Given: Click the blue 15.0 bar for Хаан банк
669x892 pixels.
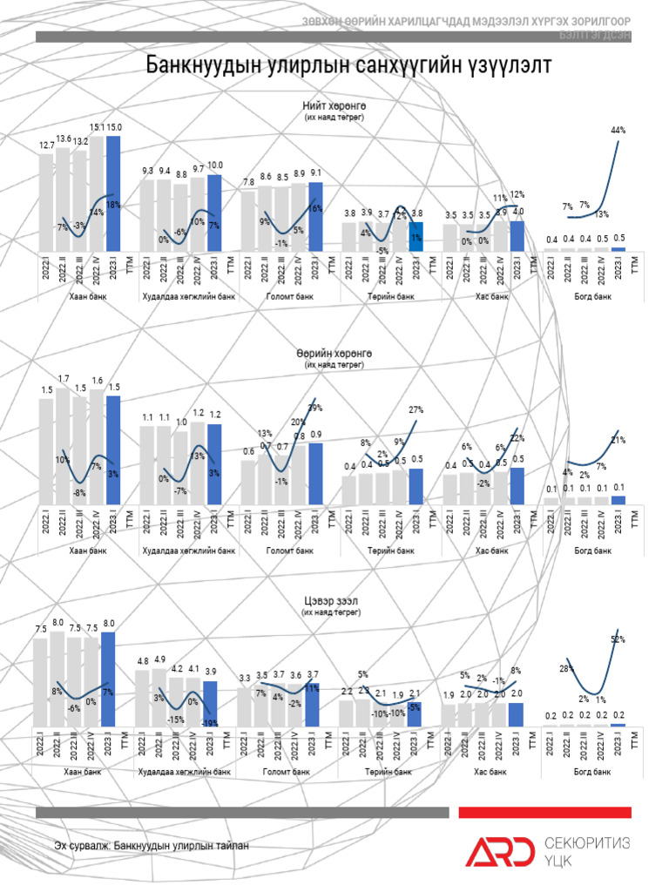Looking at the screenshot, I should click(x=113, y=192).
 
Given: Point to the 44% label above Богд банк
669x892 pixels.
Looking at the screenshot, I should click(x=618, y=130).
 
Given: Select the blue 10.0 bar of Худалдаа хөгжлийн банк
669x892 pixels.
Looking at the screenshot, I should click(x=214, y=213).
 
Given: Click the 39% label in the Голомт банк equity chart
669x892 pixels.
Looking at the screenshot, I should click(x=314, y=408).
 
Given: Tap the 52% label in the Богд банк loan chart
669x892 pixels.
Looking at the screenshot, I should click(x=618, y=639).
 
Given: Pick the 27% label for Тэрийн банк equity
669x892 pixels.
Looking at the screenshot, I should click(x=416, y=409).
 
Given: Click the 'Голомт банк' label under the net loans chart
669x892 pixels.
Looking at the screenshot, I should click(x=287, y=772).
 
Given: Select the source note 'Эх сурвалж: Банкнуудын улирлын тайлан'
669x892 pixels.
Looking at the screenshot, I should click(x=144, y=845).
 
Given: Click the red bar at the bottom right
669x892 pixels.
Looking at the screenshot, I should click(x=544, y=812).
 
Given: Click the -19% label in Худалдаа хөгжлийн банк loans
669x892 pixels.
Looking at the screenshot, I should click(x=209, y=723).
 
